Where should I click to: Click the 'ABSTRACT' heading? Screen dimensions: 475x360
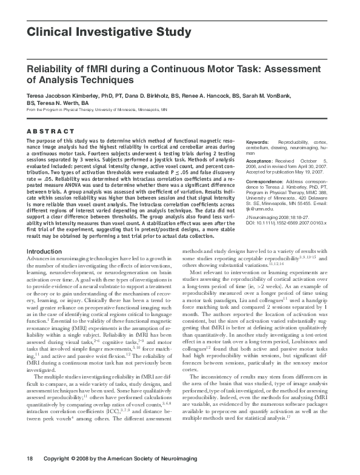(x=51, y=131)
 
